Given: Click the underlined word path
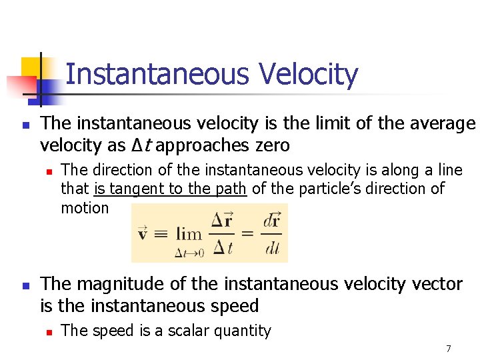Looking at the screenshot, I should click(231, 189).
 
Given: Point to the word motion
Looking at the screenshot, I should click(85, 207).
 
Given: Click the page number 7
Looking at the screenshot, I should click(449, 349).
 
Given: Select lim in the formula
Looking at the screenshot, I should click(189, 235).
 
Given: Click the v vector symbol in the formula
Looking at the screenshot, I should click(143, 234).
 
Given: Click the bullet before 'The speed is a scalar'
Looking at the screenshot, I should click(49, 331).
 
